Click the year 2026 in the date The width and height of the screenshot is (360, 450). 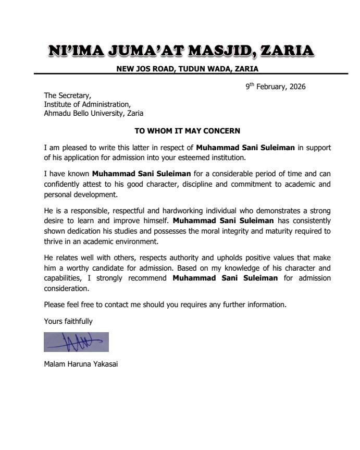click(296, 87)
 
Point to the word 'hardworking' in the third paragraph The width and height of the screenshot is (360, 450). click(168, 211)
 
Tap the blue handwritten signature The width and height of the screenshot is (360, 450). click(76, 342)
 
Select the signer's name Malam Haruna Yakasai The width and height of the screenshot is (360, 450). click(81, 364)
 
